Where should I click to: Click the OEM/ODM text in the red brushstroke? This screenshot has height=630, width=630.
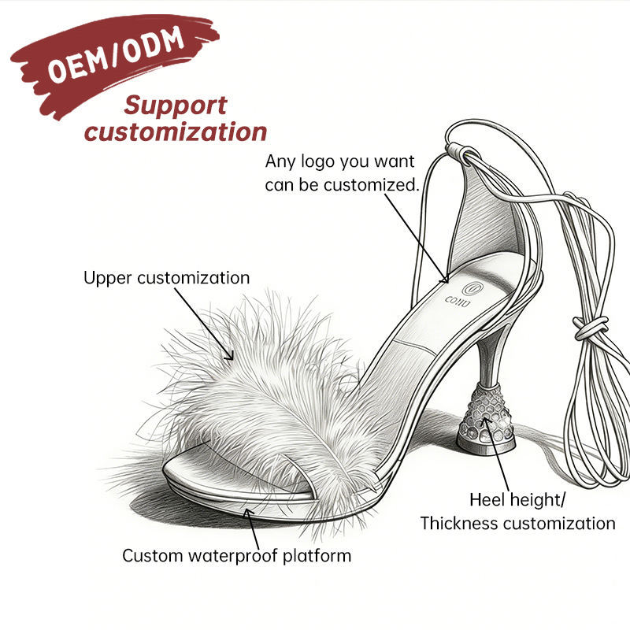click(x=116, y=54)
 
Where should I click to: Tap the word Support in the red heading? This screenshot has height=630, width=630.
click(x=176, y=106)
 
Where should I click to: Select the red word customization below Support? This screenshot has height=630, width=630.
click(x=176, y=132)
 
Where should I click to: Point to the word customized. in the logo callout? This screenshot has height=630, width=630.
click(x=371, y=185)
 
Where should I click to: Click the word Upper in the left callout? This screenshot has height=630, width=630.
click(x=108, y=279)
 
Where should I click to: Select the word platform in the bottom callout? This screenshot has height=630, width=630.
click(x=317, y=557)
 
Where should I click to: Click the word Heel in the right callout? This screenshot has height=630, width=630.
click(x=486, y=500)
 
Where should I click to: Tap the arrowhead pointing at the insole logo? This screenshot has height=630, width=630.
click(x=444, y=279)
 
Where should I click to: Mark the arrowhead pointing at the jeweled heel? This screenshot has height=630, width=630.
click(x=486, y=422)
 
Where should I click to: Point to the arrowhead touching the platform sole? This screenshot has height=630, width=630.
click(x=249, y=513)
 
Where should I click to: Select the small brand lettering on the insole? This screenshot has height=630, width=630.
click(x=458, y=302)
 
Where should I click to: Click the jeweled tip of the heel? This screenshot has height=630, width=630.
click(x=486, y=418)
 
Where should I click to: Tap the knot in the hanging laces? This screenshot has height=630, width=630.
click(x=590, y=327)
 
